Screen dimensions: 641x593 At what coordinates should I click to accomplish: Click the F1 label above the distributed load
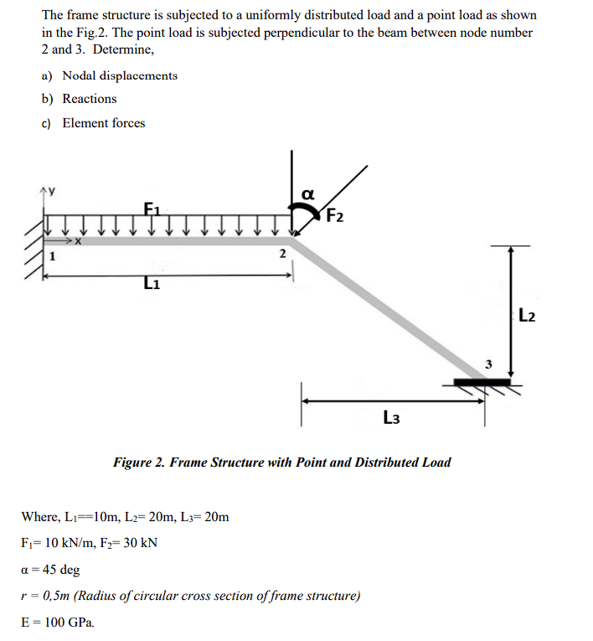pos(151,208)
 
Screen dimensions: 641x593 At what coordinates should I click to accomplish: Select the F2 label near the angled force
pos(333,215)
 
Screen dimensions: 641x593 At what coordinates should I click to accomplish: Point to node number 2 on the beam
pos(282,253)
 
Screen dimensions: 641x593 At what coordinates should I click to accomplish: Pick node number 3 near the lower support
pos(491,364)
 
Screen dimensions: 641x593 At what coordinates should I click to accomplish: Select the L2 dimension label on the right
pos(528,316)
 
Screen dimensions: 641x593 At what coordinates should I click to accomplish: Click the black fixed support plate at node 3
pos(482,383)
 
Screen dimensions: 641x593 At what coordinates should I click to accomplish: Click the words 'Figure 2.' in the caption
pos(139,463)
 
